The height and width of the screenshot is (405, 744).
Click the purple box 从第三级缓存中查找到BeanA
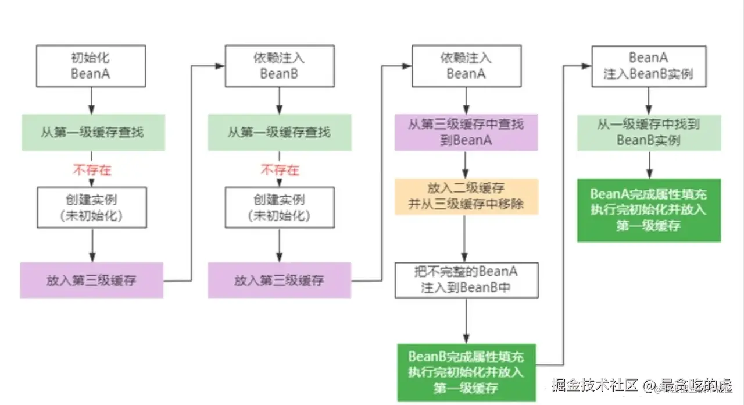[466, 132]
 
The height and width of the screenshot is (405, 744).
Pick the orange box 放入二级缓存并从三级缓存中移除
[466, 197]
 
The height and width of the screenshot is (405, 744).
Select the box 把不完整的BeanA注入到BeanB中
[466, 279]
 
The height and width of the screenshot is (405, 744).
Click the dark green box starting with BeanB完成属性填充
[466, 372]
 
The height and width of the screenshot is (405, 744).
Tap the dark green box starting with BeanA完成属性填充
[649, 209]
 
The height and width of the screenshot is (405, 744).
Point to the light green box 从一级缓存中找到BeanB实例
[649, 132]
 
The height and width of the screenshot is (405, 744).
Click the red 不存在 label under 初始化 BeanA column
[91, 170]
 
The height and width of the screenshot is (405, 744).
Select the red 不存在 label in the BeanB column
[279, 170]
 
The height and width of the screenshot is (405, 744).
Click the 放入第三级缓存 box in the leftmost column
[91, 280]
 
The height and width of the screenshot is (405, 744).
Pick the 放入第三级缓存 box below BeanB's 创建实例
[279, 280]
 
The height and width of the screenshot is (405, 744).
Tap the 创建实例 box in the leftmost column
[91, 207]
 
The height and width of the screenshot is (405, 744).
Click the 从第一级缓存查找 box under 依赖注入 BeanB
[279, 132]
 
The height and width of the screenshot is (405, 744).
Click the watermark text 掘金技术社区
[594, 385]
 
